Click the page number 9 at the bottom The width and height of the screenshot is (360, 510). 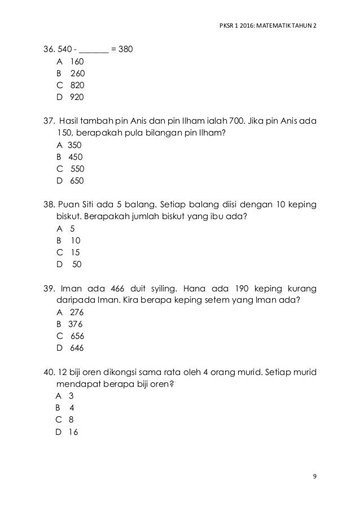tap(314, 476)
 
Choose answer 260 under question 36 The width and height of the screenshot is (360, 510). tap(78, 73)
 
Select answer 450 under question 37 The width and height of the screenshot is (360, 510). tap(75, 157)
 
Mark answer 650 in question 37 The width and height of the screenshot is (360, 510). tap(76, 181)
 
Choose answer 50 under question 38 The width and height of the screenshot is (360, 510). tap(77, 264)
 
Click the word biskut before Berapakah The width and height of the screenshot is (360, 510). tap(68, 217)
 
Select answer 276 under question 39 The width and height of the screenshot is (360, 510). tap(76, 312)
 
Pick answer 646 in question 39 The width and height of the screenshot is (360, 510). tap(77, 348)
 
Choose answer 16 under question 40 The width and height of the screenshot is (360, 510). tap(73, 432)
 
